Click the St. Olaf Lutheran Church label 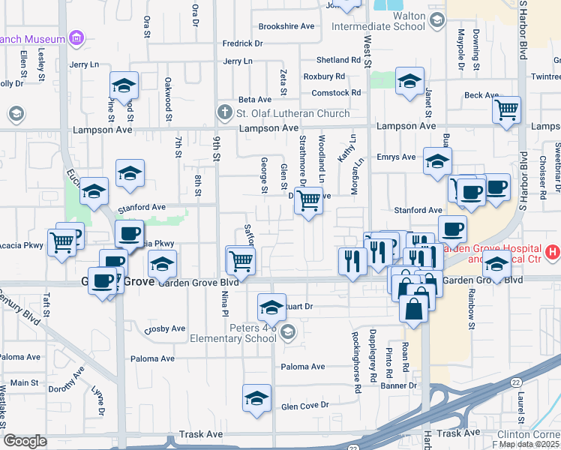pos(292,114)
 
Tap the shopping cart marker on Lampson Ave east pos(507,110)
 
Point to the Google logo pos(25,441)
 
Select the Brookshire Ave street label pos(286,26)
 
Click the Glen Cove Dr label pos(304,405)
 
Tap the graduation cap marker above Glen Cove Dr pos(256,398)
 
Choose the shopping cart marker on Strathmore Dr pos(308,201)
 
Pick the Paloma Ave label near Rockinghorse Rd pos(302,367)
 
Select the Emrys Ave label pos(397,157)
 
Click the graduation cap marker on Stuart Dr pos(271,307)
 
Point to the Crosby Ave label pos(164,328)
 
